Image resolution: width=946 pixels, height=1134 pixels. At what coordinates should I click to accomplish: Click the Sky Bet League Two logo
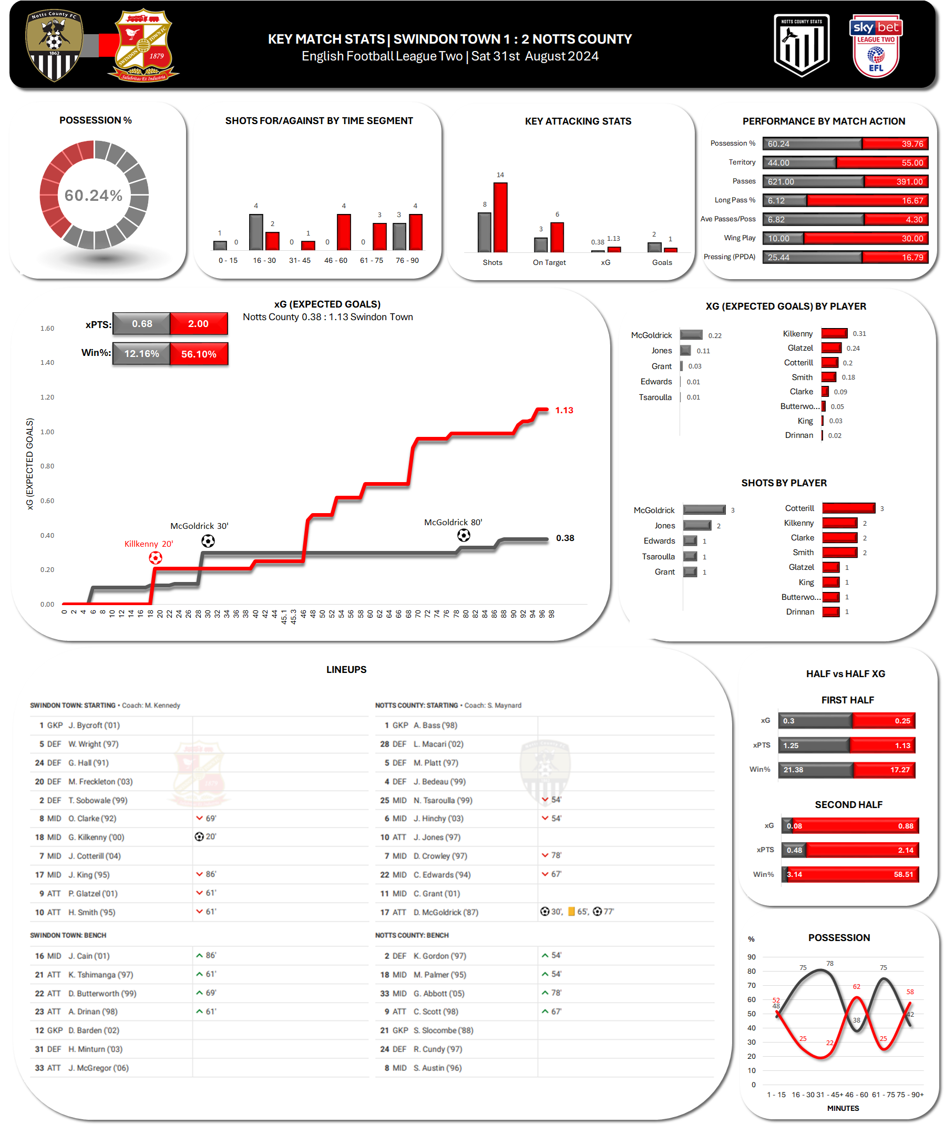875,46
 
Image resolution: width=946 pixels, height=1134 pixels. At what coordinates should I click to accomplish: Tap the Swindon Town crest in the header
143,45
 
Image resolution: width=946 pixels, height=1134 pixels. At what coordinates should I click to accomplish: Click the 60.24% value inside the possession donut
94,196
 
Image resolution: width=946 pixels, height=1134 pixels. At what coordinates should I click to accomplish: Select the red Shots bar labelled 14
500,217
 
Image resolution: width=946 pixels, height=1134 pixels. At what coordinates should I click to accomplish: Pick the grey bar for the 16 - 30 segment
256,232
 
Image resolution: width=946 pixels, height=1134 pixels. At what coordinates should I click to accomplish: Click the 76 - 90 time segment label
407,260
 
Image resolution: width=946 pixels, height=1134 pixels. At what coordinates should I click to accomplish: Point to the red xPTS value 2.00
198,323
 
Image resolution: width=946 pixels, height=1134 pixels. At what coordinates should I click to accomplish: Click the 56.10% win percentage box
198,354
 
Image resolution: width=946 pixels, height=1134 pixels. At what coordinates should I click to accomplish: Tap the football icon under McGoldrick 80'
464,535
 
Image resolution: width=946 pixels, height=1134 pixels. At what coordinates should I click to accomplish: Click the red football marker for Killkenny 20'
156,558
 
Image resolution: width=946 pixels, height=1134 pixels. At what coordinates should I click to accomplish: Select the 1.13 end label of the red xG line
564,411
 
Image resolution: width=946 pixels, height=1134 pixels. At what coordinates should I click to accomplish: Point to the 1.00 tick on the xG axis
47,432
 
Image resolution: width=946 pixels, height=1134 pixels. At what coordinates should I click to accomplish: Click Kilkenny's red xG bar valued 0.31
834,334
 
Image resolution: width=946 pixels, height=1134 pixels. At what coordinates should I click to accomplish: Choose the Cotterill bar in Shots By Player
848,508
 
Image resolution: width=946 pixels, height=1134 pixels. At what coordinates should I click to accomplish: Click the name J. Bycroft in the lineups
94,725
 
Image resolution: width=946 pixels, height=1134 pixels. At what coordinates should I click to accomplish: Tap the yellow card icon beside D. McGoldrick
571,912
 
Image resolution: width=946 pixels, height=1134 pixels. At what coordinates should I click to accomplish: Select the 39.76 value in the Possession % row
912,144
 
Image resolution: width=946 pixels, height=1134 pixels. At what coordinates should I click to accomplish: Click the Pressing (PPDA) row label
729,257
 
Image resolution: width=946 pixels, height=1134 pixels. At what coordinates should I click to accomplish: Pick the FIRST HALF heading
847,700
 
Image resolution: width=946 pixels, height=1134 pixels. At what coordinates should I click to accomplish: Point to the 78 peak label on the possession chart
829,963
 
